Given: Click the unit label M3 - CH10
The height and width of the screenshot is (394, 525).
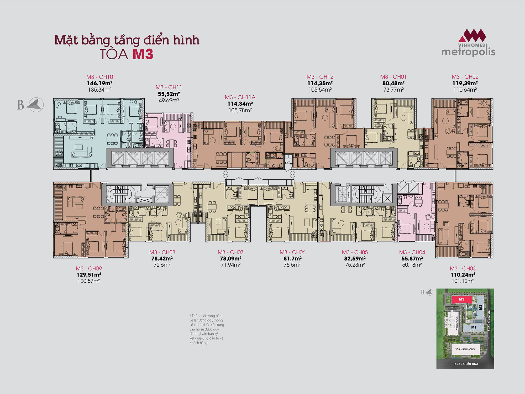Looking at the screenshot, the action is point(100,77).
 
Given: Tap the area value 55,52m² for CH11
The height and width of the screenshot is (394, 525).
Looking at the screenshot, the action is point(169,94).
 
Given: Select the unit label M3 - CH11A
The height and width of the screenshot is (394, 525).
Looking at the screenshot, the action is point(240,97).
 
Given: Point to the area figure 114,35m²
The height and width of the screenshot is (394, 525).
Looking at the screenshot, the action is point(320,83).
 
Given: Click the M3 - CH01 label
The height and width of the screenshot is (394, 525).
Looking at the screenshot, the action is point(393,77).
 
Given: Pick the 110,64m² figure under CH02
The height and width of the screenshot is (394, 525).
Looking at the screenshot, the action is point(465,90).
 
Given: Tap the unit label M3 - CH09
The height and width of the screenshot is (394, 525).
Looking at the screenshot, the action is point(89,268).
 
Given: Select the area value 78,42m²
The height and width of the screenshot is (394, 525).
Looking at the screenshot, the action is point(162,258).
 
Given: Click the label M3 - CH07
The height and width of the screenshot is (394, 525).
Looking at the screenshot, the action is point(230,252).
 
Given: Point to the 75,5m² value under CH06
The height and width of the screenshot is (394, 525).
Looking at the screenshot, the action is point(292,265).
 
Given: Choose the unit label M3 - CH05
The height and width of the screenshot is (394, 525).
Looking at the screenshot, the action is point(355,252).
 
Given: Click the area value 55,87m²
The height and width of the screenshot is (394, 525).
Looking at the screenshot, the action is point(412,258).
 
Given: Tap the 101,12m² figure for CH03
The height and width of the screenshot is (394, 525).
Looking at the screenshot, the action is point(463,281).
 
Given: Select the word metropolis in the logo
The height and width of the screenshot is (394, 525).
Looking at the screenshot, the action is point(468,52).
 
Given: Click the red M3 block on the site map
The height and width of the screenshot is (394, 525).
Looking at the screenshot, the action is point(462,299).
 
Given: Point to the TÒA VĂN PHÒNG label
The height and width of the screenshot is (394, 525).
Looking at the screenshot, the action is point(465,349).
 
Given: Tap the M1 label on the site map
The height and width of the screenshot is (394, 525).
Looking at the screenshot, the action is point(474,327).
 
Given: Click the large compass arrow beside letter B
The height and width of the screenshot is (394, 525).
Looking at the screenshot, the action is point(35,105).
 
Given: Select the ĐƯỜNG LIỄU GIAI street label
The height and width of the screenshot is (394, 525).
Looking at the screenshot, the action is point(466,364).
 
